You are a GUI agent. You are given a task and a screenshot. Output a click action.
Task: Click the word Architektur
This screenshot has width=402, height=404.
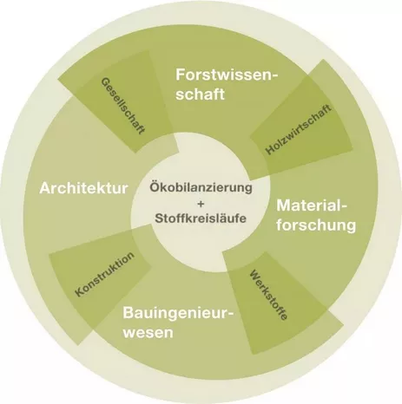[83, 188]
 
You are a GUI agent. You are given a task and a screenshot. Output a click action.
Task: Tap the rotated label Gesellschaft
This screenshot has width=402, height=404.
[122, 106]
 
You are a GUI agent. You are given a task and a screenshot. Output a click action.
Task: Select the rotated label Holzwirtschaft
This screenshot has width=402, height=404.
[299, 129]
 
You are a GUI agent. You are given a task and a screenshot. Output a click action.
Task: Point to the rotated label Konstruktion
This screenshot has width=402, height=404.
[105, 274]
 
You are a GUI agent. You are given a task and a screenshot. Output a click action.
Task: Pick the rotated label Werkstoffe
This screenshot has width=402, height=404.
[268, 295]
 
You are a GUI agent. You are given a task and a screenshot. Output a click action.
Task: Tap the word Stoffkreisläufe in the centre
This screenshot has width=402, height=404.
[201, 218]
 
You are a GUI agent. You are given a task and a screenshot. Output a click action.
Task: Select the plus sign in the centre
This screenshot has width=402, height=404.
[201, 204]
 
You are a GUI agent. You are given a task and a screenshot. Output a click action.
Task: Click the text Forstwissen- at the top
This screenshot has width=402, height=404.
[227, 75]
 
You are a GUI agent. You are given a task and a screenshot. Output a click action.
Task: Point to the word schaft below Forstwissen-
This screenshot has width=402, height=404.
[200, 94]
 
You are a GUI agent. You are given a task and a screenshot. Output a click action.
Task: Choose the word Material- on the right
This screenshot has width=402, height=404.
[312, 205]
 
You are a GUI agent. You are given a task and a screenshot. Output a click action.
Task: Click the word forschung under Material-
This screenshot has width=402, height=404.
[316, 225]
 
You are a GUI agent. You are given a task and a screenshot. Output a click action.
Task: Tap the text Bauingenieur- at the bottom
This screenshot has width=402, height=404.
[178, 313]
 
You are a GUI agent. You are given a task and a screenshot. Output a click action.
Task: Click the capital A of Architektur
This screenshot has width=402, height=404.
[46, 188]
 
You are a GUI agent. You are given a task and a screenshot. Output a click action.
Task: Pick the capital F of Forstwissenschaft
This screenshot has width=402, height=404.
[181, 75]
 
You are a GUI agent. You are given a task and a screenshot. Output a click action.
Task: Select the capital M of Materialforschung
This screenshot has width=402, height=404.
[284, 205]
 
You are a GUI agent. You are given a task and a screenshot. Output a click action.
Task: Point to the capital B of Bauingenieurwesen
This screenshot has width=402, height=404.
[129, 313]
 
